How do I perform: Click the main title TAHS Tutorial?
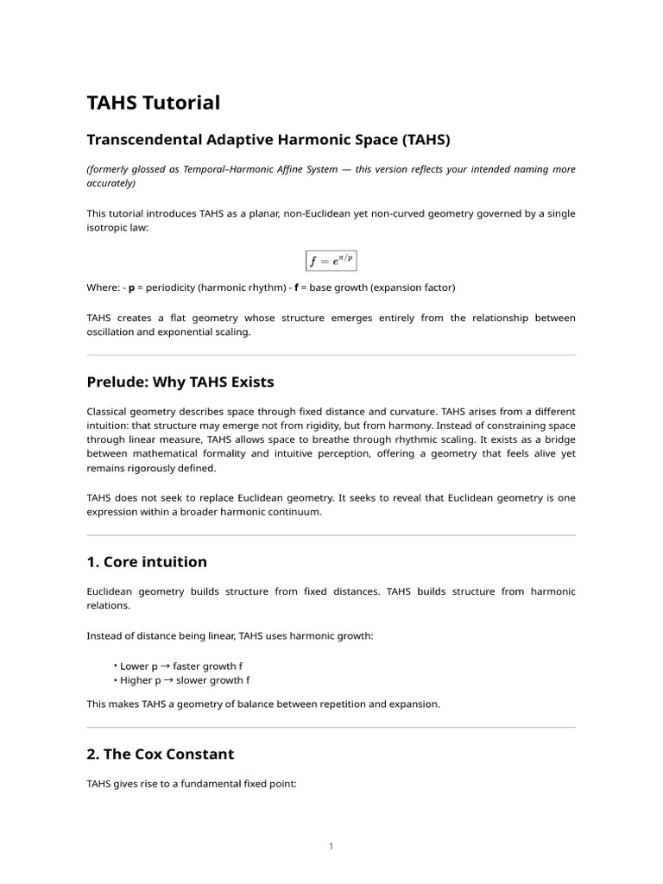pyautogui.click(x=154, y=103)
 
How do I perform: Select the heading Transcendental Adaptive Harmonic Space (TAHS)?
pyautogui.click(x=268, y=139)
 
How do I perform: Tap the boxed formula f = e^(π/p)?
pyautogui.click(x=331, y=260)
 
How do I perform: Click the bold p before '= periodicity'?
pyautogui.click(x=132, y=287)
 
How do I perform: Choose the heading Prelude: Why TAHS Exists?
pyautogui.click(x=180, y=382)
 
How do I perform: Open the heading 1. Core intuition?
pyautogui.click(x=147, y=562)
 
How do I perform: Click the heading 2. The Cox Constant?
pyautogui.click(x=161, y=754)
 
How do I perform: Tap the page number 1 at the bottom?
pyautogui.click(x=331, y=846)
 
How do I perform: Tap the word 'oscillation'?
pyautogui.click(x=114, y=332)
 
